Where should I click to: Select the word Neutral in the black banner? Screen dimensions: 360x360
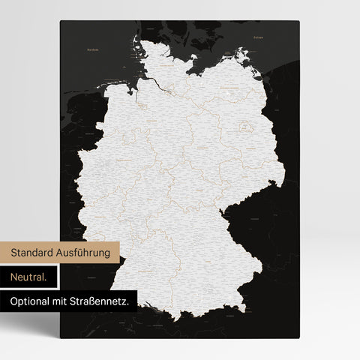pos(28,277)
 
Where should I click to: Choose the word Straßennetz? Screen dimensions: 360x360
pos(105,301)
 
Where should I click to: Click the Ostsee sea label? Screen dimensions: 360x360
pos(258,36)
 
